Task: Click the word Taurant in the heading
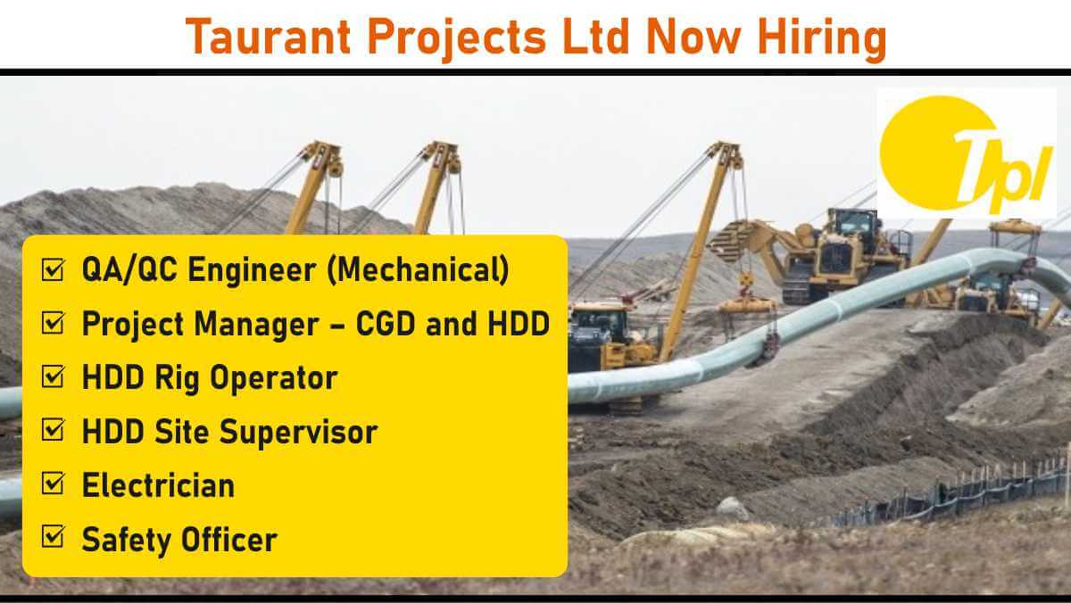tap(269, 37)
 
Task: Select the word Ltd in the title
tap(595, 37)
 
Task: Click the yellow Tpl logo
tap(967, 153)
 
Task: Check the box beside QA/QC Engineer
tap(53, 269)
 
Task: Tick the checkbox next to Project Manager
tap(53, 323)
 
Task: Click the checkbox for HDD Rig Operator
tap(53, 376)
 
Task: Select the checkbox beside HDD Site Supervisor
tap(53, 430)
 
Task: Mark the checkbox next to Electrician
tap(53, 483)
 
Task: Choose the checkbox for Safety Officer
tap(53, 537)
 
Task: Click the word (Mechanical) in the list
tap(418, 270)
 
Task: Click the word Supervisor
tap(298, 433)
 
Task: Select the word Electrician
tap(158, 485)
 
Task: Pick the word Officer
tap(229, 540)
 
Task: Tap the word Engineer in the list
tap(252, 271)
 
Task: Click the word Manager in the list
tap(256, 326)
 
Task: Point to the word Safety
tap(126, 541)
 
